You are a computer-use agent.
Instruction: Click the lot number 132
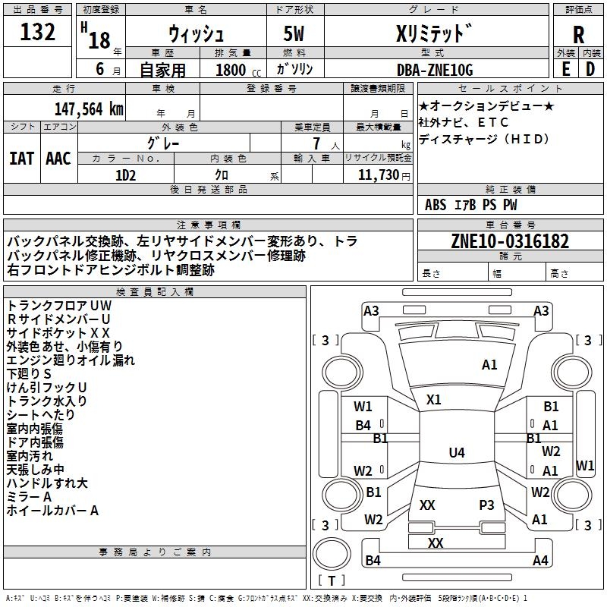[x=37, y=31]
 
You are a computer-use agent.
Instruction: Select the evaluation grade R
[x=578, y=35]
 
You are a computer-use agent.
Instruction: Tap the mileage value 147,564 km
[x=89, y=109]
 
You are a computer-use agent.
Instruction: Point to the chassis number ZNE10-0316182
[x=510, y=241]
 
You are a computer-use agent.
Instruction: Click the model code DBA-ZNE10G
[x=435, y=70]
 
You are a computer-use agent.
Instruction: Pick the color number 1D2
[x=125, y=175]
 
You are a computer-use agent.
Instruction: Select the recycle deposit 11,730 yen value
[x=384, y=175]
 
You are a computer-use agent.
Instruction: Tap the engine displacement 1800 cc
[x=238, y=70]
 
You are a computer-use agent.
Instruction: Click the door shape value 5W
[x=294, y=33]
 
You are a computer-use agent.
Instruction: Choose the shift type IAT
[x=22, y=159]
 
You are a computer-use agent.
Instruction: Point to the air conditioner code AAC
[x=58, y=159]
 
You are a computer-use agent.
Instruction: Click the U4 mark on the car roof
[x=457, y=452]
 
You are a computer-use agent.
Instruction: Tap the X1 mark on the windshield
[x=433, y=400]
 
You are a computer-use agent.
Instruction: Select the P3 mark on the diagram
[x=486, y=505]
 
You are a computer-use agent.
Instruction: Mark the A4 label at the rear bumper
[x=540, y=560]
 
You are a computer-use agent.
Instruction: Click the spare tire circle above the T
[x=332, y=554]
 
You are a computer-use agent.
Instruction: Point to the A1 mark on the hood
[x=489, y=365]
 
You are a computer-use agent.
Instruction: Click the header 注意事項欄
[x=209, y=225]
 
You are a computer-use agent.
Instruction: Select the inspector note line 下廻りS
[x=29, y=374]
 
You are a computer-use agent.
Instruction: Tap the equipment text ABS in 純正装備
[x=436, y=205]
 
